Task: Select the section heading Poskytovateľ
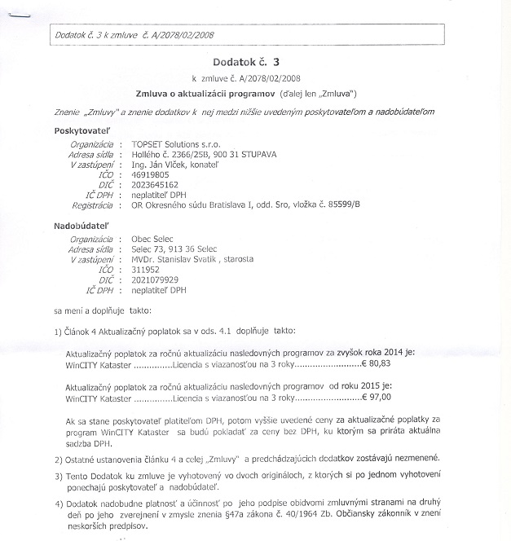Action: point(84,130)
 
